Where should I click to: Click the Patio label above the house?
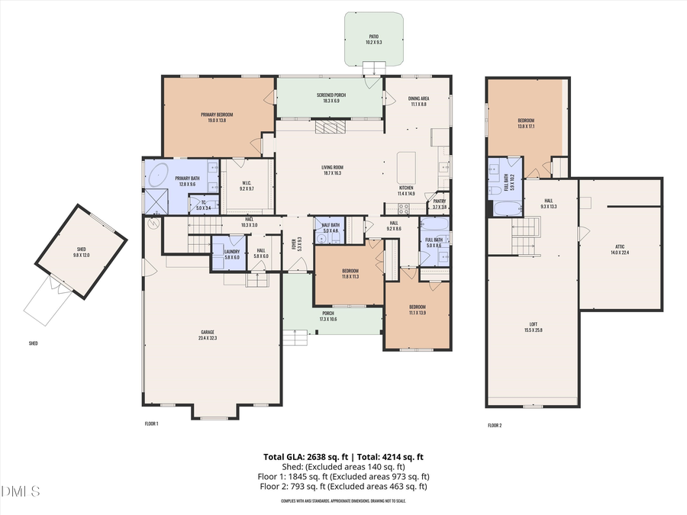(x=373, y=38)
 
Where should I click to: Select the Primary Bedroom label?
(x=217, y=117)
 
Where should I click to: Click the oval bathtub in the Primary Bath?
(x=158, y=175)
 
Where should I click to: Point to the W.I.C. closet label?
(x=247, y=185)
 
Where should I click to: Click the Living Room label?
(x=331, y=170)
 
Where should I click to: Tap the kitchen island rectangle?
(x=406, y=166)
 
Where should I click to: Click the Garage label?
(x=207, y=334)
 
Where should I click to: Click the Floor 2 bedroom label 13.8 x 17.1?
(x=526, y=123)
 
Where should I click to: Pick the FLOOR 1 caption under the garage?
(x=151, y=423)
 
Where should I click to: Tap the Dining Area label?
(x=418, y=101)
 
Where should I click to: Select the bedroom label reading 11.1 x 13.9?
(x=417, y=310)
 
